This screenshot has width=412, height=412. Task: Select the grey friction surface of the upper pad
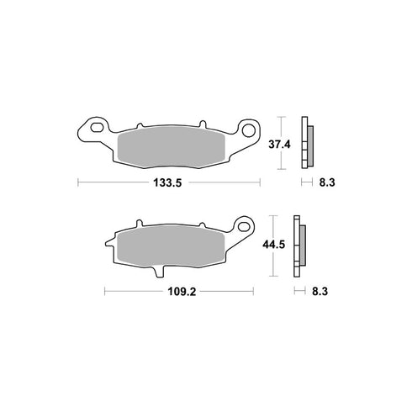click(172, 145)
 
